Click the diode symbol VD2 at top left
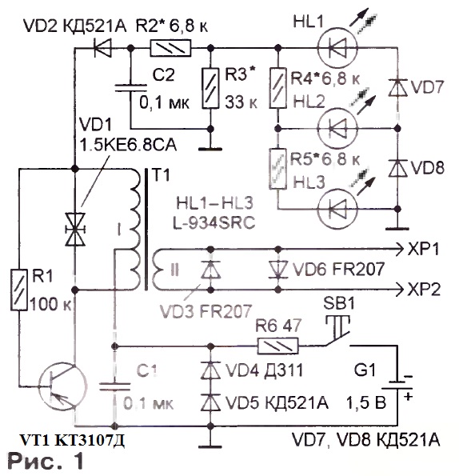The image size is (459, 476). pyautogui.click(x=102, y=48)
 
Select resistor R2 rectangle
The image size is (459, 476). pyautogui.click(x=171, y=48)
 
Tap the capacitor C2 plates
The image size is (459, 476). pyautogui.click(x=131, y=88)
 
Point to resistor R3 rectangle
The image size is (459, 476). pyautogui.click(x=210, y=88)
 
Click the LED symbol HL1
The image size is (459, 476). pyautogui.click(x=337, y=48)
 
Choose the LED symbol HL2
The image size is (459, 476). pyautogui.click(x=337, y=129)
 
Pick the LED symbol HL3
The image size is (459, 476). pyautogui.click(x=337, y=209)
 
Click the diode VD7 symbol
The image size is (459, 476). pyautogui.click(x=398, y=88)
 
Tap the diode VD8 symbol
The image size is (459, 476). pyautogui.click(x=398, y=168)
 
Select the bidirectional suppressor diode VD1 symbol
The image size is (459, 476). pyautogui.click(x=75, y=229)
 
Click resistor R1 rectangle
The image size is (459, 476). pyautogui.click(x=19, y=290)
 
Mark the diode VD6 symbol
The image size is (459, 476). pyautogui.click(x=278, y=270)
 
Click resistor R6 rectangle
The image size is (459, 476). pyautogui.click(x=278, y=346)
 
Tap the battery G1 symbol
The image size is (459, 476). pyautogui.click(x=397, y=386)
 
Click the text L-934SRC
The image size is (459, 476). pyautogui.click(x=214, y=224)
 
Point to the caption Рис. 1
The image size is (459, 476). pyautogui.click(x=46, y=461)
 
